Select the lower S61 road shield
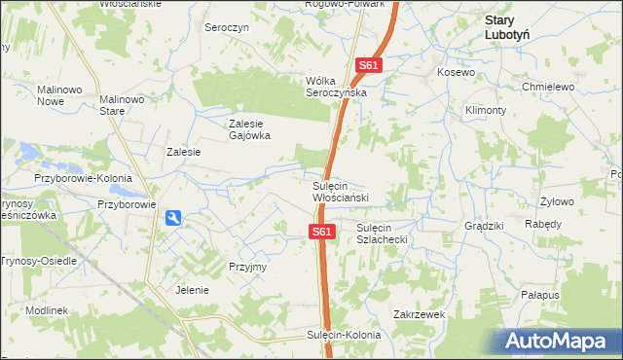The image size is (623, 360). coord(323,232)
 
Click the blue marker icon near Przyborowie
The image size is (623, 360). coord(172,219)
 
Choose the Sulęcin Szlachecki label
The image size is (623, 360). coord(386,233)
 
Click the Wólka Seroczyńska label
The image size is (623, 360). coord(336,86)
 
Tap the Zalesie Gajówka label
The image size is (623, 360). coord(248,129)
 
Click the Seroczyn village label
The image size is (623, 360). coord(228,28)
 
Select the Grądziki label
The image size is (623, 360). coord(484,226)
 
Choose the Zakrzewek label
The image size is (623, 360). coord(419,314)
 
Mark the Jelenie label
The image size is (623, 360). coord(193,290)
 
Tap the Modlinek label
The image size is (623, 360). coord(47,309)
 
